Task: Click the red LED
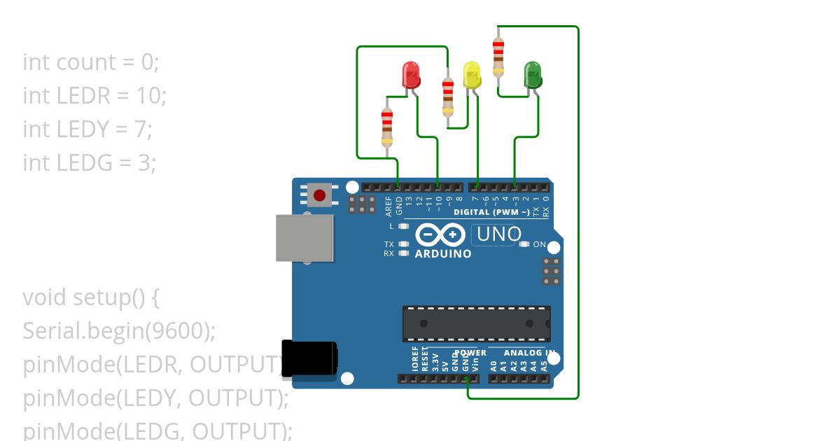[x=410, y=74]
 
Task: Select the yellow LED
[x=472, y=74]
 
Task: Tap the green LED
[x=533, y=74]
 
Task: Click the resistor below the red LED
[x=387, y=127]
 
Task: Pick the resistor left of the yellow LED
[x=448, y=96]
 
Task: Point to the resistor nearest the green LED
[x=498, y=55]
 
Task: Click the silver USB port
[x=304, y=238]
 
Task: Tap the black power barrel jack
[x=309, y=362]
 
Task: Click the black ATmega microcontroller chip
[x=476, y=323]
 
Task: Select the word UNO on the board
[x=499, y=234]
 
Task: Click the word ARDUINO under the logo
[x=443, y=253]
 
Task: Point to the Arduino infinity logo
[x=440, y=234]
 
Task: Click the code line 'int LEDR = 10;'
[x=94, y=95]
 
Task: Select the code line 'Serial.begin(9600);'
[x=119, y=330]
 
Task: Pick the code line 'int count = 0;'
[x=91, y=62]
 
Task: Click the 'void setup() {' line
[x=92, y=297]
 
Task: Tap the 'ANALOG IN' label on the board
[x=529, y=353]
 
